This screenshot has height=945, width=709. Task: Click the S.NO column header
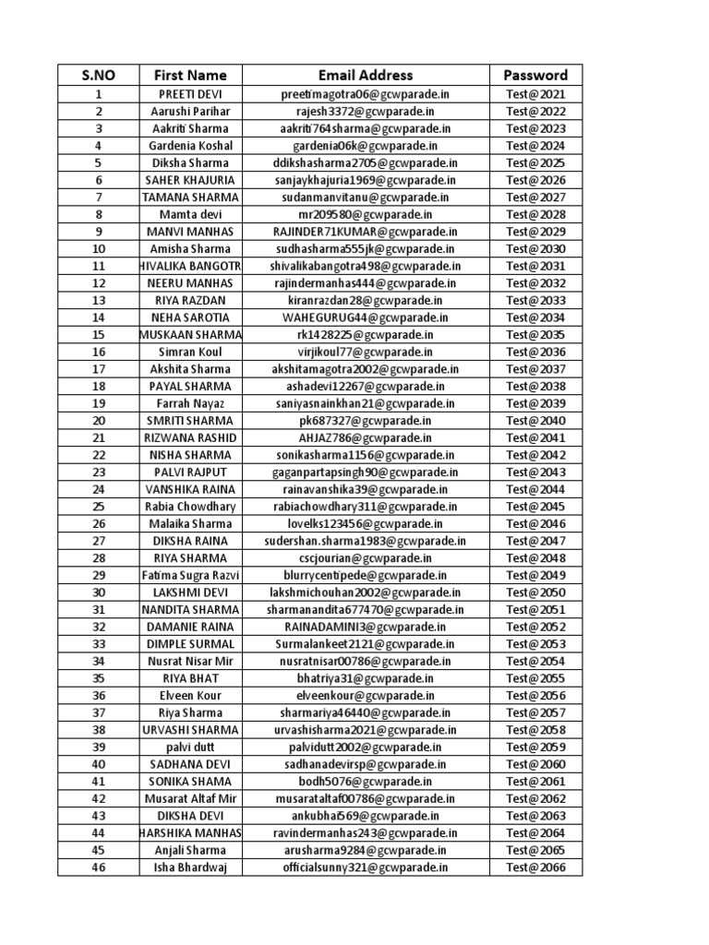(x=98, y=75)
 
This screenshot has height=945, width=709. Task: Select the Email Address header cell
(x=366, y=75)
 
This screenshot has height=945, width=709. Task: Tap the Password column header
(x=535, y=75)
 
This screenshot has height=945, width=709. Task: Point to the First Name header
(x=190, y=75)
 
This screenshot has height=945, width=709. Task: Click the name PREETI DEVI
(x=190, y=94)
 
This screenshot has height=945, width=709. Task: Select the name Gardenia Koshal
(x=190, y=146)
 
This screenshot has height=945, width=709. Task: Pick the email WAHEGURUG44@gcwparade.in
(x=366, y=317)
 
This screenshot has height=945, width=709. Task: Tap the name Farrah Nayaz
(x=190, y=403)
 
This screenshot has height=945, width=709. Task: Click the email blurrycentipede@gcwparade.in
(x=366, y=575)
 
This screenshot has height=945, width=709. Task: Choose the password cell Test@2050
(x=535, y=592)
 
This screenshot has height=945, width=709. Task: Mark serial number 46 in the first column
(x=98, y=867)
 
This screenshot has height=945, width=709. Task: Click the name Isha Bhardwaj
(x=190, y=867)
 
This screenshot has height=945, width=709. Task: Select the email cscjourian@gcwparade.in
(x=366, y=557)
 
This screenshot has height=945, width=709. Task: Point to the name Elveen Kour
(x=190, y=695)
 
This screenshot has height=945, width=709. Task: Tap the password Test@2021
(x=535, y=94)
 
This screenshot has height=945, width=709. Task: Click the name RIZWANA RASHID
(x=190, y=437)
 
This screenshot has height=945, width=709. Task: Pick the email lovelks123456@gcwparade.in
(x=366, y=523)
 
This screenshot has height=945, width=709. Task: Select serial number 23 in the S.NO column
(x=98, y=472)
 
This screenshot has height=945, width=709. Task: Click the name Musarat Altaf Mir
(x=190, y=798)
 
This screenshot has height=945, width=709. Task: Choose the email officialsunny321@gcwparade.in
(x=366, y=867)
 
